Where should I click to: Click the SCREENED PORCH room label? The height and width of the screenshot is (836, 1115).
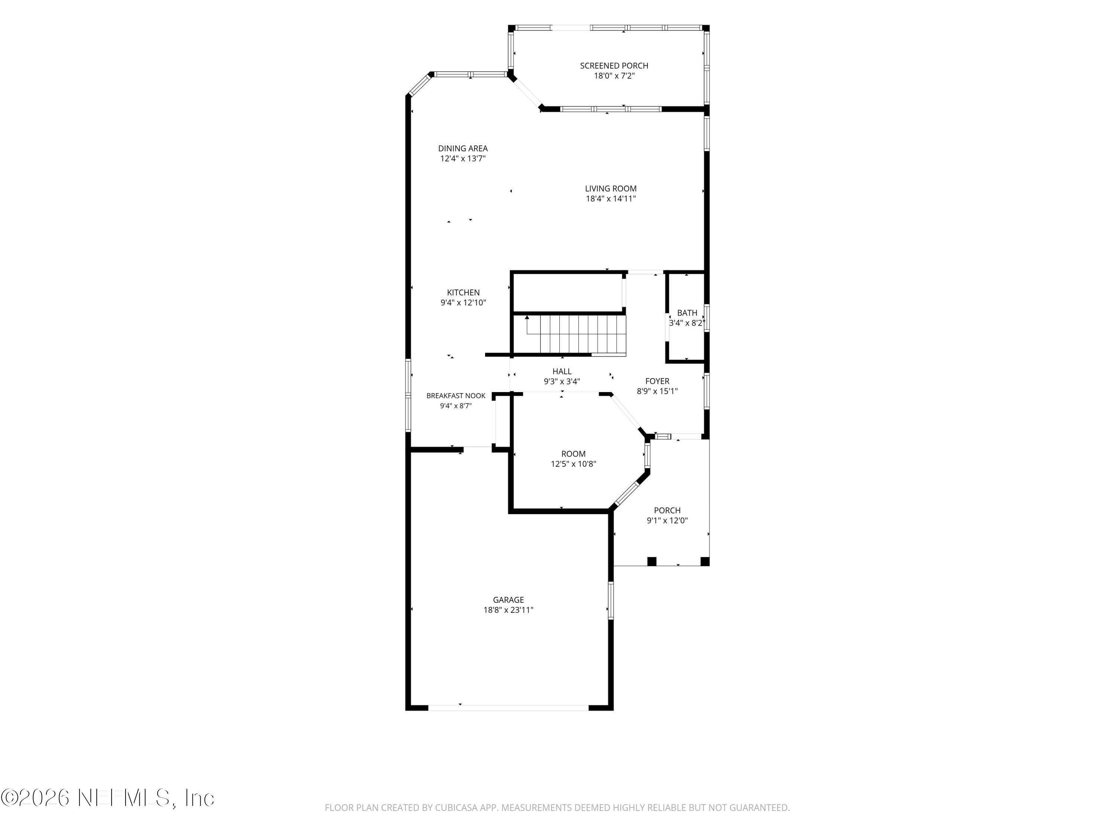(x=614, y=65)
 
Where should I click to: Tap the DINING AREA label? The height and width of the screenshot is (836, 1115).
(x=463, y=148)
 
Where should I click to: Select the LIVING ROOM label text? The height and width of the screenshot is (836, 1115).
(x=610, y=188)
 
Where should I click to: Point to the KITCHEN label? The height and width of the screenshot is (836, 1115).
(x=463, y=292)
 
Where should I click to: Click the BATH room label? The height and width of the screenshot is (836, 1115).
(x=687, y=313)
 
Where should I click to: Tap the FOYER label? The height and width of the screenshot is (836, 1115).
(x=657, y=381)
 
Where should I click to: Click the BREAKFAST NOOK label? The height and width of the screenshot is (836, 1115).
(x=456, y=396)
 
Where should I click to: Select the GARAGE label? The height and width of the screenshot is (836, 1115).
(x=508, y=600)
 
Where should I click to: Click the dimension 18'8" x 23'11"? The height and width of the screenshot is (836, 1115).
(x=508, y=610)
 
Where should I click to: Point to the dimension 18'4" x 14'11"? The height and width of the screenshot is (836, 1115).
(x=610, y=198)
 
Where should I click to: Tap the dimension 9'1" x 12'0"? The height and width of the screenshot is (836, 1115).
(x=667, y=521)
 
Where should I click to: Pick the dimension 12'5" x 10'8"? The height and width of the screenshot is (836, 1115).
(x=573, y=464)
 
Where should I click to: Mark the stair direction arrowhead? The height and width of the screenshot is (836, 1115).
(x=527, y=317)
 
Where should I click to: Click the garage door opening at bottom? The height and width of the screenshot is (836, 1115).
(x=508, y=707)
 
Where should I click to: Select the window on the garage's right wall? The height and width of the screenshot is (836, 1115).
(x=611, y=600)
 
